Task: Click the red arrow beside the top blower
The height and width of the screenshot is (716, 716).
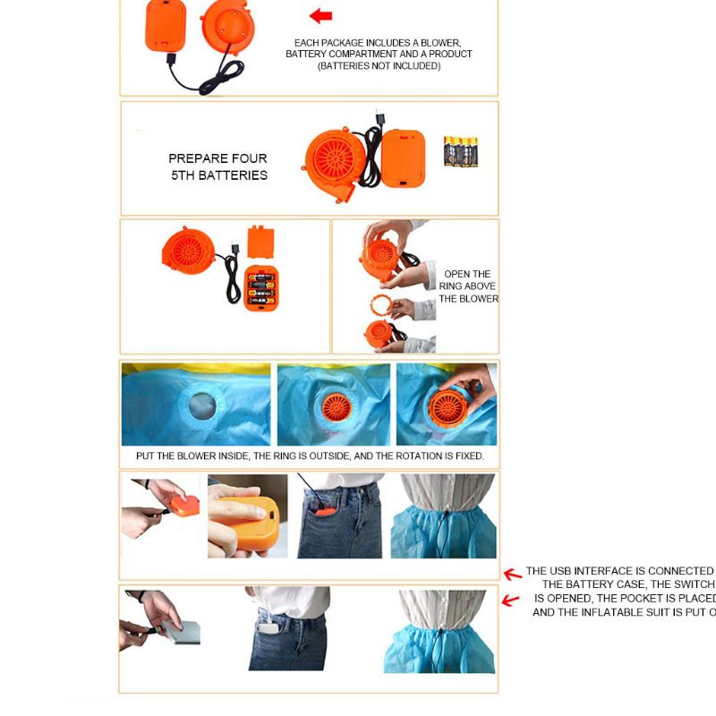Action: [320, 15]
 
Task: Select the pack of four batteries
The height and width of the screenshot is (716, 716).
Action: [461, 151]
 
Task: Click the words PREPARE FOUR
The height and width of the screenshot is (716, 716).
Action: [217, 158]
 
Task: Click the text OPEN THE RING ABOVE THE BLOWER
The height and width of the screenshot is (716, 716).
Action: [468, 286]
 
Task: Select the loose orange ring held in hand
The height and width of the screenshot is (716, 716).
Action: [382, 304]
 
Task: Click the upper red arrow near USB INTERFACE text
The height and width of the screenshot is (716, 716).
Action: [512, 575]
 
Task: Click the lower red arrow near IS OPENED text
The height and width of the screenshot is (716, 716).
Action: [510, 601]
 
